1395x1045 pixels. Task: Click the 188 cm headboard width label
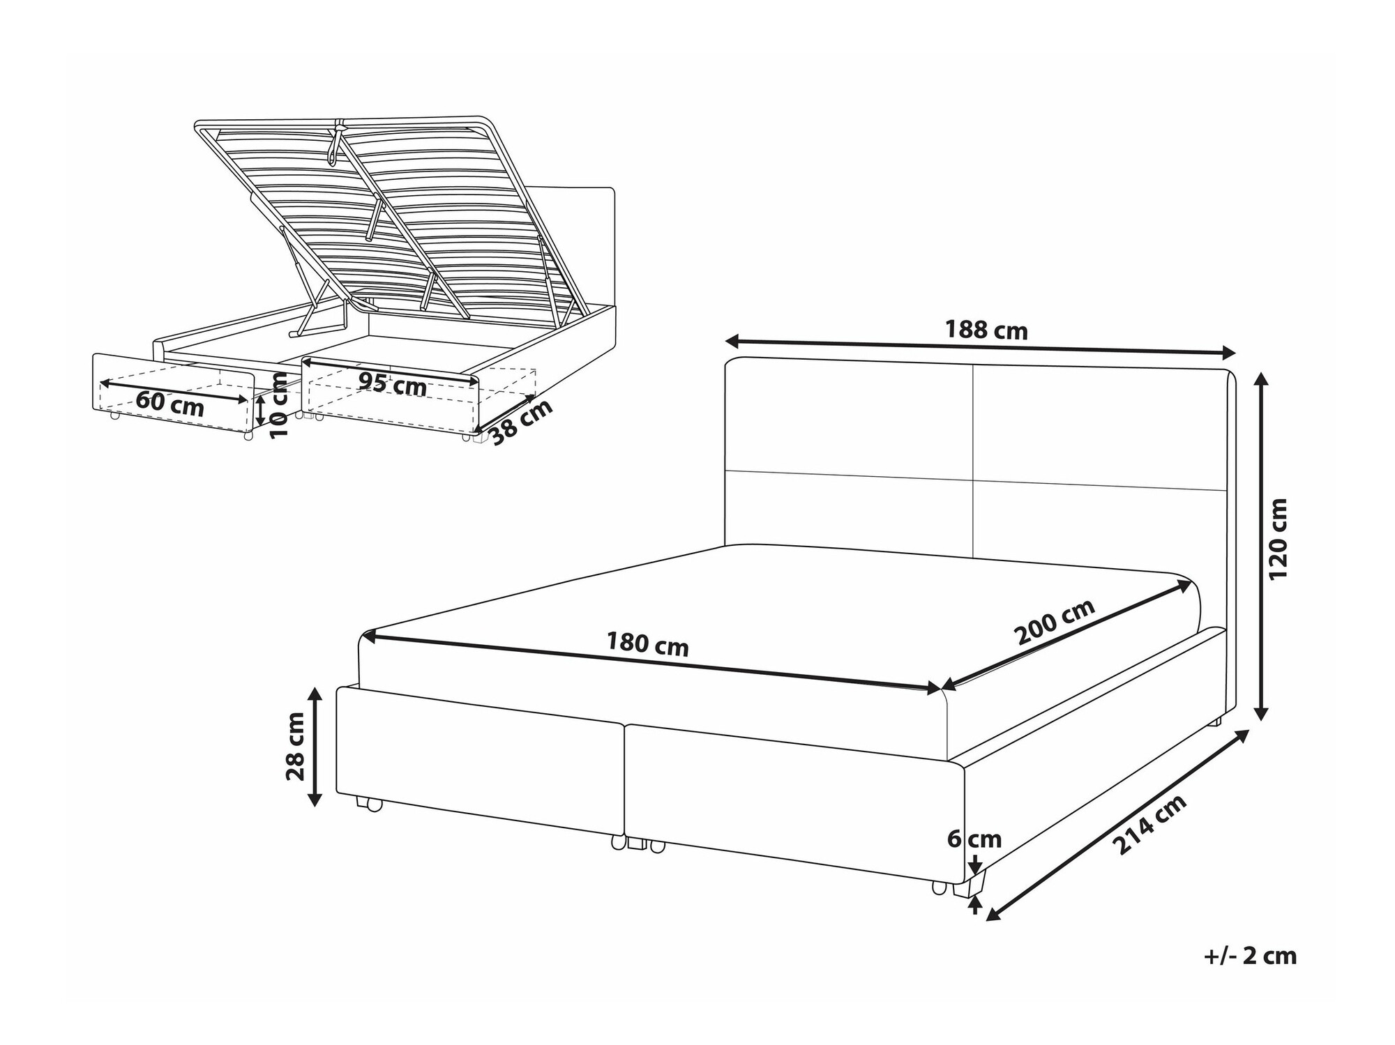click(x=986, y=330)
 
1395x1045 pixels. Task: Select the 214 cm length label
click(x=1149, y=825)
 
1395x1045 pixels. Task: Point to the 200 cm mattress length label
click(x=1054, y=622)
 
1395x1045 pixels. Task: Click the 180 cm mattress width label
click(x=647, y=644)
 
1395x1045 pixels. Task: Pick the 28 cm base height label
click(x=296, y=746)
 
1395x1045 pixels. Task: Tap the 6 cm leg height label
click(x=974, y=839)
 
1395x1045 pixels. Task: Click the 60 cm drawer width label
click(x=169, y=404)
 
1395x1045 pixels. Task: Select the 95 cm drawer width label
click(x=392, y=383)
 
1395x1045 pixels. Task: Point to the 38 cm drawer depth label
click(x=521, y=422)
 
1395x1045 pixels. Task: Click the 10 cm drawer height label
click(x=278, y=406)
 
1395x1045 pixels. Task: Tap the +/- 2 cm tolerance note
click(x=1250, y=956)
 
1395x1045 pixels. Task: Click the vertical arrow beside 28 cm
click(x=315, y=746)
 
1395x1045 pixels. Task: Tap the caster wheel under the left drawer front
click(x=370, y=804)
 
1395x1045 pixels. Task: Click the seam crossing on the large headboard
click(x=973, y=480)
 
